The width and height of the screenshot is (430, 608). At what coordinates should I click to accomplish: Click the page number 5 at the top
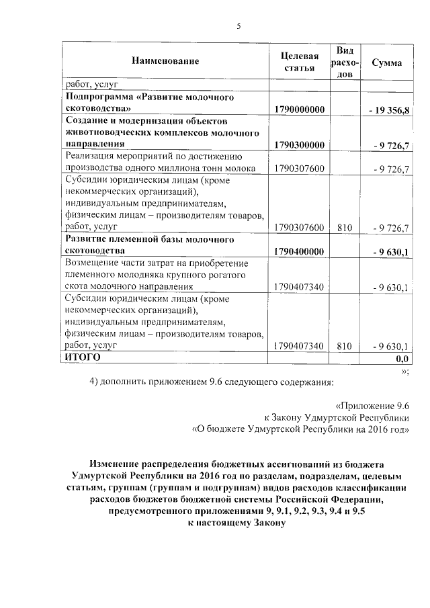(x=238, y=26)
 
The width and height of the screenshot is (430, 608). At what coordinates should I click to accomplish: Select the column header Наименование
(x=165, y=62)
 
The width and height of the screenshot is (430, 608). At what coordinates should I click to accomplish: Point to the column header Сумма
(x=386, y=62)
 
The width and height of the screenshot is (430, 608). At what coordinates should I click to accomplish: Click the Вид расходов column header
(x=345, y=62)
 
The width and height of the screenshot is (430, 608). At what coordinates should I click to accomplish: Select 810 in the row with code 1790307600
(x=345, y=228)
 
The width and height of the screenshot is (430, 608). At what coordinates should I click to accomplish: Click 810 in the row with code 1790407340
(x=345, y=346)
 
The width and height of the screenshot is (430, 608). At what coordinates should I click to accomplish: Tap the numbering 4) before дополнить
(x=95, y=383)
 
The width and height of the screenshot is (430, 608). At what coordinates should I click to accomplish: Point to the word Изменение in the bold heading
(x=117, y=464)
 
